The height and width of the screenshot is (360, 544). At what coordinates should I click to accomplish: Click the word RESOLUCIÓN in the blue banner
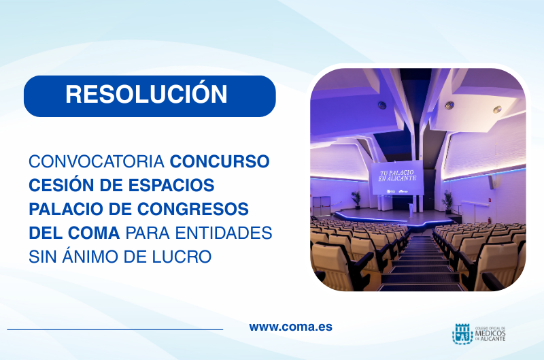pos(146,94)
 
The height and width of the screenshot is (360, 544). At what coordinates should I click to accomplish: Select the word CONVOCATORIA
pos(97,162)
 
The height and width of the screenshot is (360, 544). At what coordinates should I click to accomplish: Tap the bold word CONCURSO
pos(220,162)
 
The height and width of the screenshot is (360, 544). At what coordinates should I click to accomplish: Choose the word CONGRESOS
pos(190,208)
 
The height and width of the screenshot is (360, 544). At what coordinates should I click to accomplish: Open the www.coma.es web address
pos(290,327)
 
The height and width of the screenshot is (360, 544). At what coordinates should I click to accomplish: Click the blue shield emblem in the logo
pos(462,333)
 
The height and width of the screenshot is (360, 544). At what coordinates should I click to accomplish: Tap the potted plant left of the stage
pos(356,199)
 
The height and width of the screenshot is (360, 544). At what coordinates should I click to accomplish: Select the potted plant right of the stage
pos(447,199)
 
